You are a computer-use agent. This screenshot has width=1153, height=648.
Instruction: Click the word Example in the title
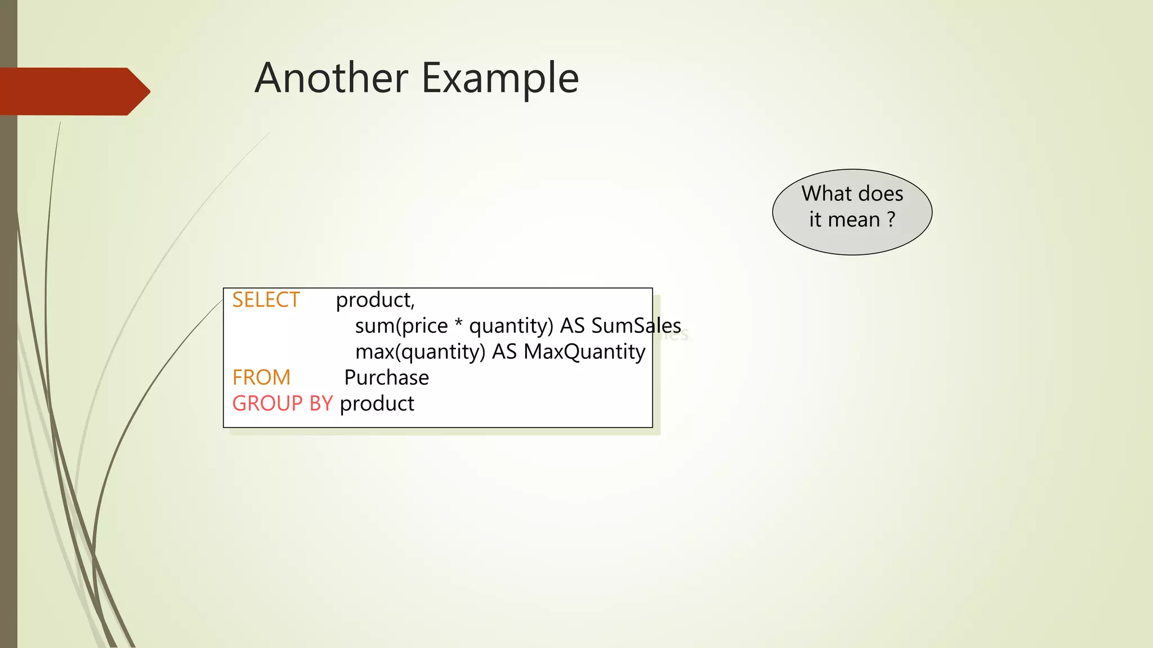tap(500, 79)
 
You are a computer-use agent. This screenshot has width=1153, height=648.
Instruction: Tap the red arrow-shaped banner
tap(73, 91)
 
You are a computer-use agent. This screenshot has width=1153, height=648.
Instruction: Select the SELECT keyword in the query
tap(266, 300)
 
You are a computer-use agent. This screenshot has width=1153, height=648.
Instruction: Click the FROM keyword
tap(261, 377)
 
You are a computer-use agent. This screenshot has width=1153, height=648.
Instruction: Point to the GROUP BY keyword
tap(283, 403)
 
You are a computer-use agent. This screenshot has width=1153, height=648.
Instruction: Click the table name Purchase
tap(386, 377)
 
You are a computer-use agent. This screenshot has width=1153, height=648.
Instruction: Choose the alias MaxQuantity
tap(584, 352)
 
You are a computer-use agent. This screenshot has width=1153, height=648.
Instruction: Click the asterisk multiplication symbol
tap(458, 325)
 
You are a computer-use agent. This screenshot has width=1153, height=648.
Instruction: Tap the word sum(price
tap(401, 326)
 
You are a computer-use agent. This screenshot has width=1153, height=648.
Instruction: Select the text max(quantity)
tap(420, 352)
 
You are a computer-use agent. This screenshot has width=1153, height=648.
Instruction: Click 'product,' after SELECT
tap(375, 300)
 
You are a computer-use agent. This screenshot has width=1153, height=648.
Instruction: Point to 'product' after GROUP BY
tap(377, 404)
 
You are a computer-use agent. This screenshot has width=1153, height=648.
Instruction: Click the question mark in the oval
tap(891, 219)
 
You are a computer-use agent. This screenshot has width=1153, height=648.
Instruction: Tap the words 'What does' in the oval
tap(852, 193)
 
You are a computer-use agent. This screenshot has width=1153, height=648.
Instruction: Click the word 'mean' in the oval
tap(853, 219)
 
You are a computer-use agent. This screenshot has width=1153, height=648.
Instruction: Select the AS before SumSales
tap(572, 326)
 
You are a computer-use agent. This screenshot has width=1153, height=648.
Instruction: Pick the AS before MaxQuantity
tap(504, 352)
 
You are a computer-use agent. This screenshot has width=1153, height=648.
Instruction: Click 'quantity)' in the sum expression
tap(511, 326)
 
